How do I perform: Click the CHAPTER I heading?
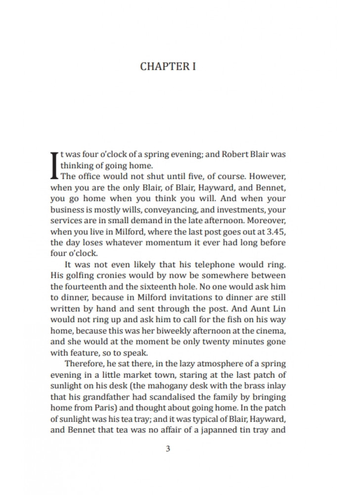coord(168,66)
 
